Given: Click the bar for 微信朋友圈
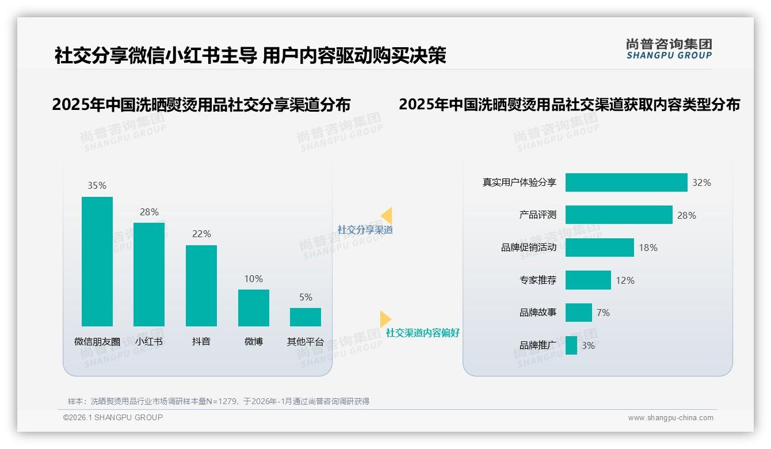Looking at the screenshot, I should click(x=97, y=261).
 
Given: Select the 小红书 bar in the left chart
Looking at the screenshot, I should click(x=149, y=274).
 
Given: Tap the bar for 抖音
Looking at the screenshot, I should click(x=201, y=286).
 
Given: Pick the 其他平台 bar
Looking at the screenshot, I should click(x=306, y=317).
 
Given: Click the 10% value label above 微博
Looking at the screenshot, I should click(x=253, y=279).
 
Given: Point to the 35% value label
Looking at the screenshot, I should click(x=97, y=185).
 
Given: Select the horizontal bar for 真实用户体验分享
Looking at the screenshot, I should click(x=626, y=182).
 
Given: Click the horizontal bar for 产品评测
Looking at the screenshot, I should click(x=619, y=215).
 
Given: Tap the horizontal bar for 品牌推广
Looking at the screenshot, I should click(x=571, y=345).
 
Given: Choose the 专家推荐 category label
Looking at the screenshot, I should click(x=538, y=280).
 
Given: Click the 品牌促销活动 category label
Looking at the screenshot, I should click(x=529, y=248).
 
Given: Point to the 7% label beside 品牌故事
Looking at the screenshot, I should click(x=603, y=313).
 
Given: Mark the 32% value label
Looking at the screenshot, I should click(x=701, y=182).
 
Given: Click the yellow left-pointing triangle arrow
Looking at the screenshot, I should click(x=387, y=215).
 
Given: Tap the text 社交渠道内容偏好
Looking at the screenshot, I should click(x=423, y=333).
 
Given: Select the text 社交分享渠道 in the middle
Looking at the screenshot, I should click(x=365, y=230).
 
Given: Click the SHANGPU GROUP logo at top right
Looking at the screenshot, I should click(x=669, y=49).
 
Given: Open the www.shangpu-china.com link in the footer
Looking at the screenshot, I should click(x=670, y=418).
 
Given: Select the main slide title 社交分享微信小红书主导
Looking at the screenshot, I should click(x=155, y=56).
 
